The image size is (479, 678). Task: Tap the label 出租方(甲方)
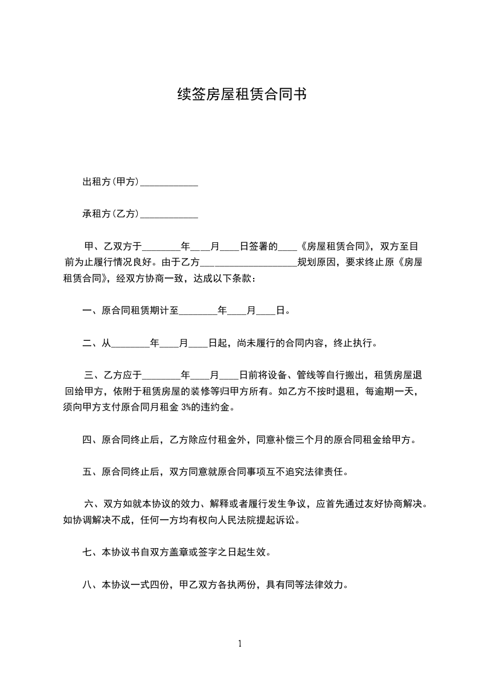(111, 181)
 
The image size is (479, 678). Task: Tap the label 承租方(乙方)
(111, 213)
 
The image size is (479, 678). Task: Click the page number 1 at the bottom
(240, 644)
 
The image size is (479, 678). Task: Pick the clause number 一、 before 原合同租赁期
(92, 311)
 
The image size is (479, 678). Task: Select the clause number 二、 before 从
(92, 343)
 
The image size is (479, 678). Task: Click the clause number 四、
(92, 439)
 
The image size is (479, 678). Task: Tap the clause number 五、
(92, 471)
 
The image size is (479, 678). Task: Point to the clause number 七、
(92, 552)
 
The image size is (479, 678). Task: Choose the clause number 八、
(92, 584)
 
